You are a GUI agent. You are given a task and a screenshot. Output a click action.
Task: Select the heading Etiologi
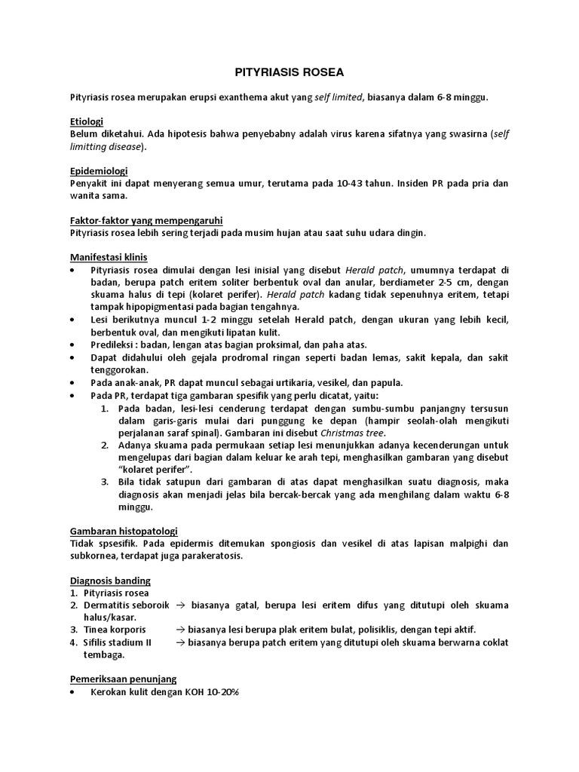tap(86, 122)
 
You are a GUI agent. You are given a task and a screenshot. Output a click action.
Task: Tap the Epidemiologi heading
tap(99, 171)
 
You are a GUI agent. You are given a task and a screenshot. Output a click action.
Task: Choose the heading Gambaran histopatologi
tap(124, 532)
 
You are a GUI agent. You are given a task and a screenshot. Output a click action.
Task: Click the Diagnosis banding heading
tap(110, 581)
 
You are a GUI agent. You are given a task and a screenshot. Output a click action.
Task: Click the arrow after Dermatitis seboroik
tap(181, 605)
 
